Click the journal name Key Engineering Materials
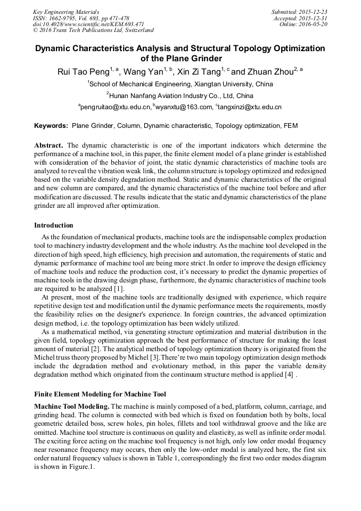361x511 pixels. (65, 11)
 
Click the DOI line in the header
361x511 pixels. (88, 24)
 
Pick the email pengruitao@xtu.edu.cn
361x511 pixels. (115, 107)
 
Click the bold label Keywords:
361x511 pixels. (51, 126)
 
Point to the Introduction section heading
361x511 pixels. (54, 225)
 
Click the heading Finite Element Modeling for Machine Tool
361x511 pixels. (100, 395)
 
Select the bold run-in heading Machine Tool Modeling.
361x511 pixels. (72, 406)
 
